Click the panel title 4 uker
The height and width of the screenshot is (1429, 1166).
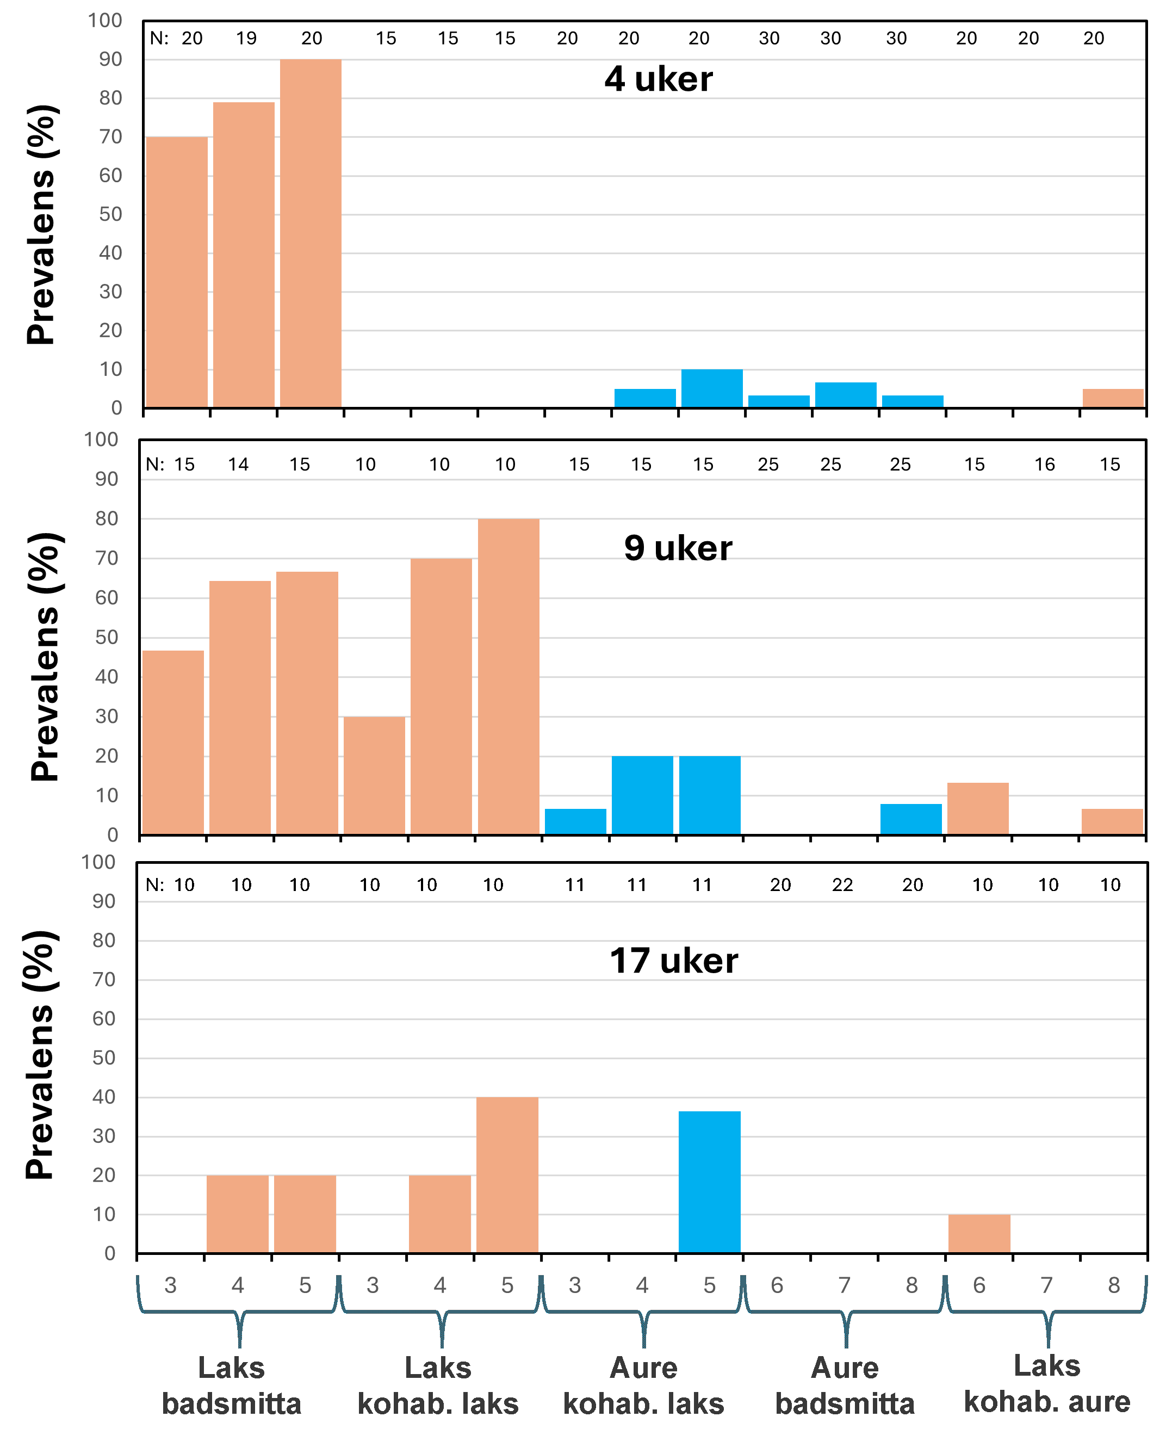pyautogui.click(x=658, y=79)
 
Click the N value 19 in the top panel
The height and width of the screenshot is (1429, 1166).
pyautogui.click(x=246, y=38)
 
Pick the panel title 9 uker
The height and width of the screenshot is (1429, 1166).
pyautogui.click(x=677, y=548)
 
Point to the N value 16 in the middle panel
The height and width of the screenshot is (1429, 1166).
pyautogui.click(x=1044, y=464)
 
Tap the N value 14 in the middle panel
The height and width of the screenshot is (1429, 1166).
pyautogui.click(x=238, y=464)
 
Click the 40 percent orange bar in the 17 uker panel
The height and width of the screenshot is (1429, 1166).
pyautogui.click(x=507, y=1175)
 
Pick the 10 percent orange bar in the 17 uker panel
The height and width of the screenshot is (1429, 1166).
pyautogui.click(x=978, y=1234)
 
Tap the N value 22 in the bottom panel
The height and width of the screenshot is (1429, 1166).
pyautogui.click(x=842, y=885)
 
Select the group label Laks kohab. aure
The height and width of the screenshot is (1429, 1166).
pyautogui.click(x=1046, y=1383)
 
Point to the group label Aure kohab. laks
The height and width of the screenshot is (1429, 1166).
pyautogui.click(x=643, y=1385)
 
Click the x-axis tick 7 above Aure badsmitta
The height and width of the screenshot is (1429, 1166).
pyautogui.click(x=844, y=1285)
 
